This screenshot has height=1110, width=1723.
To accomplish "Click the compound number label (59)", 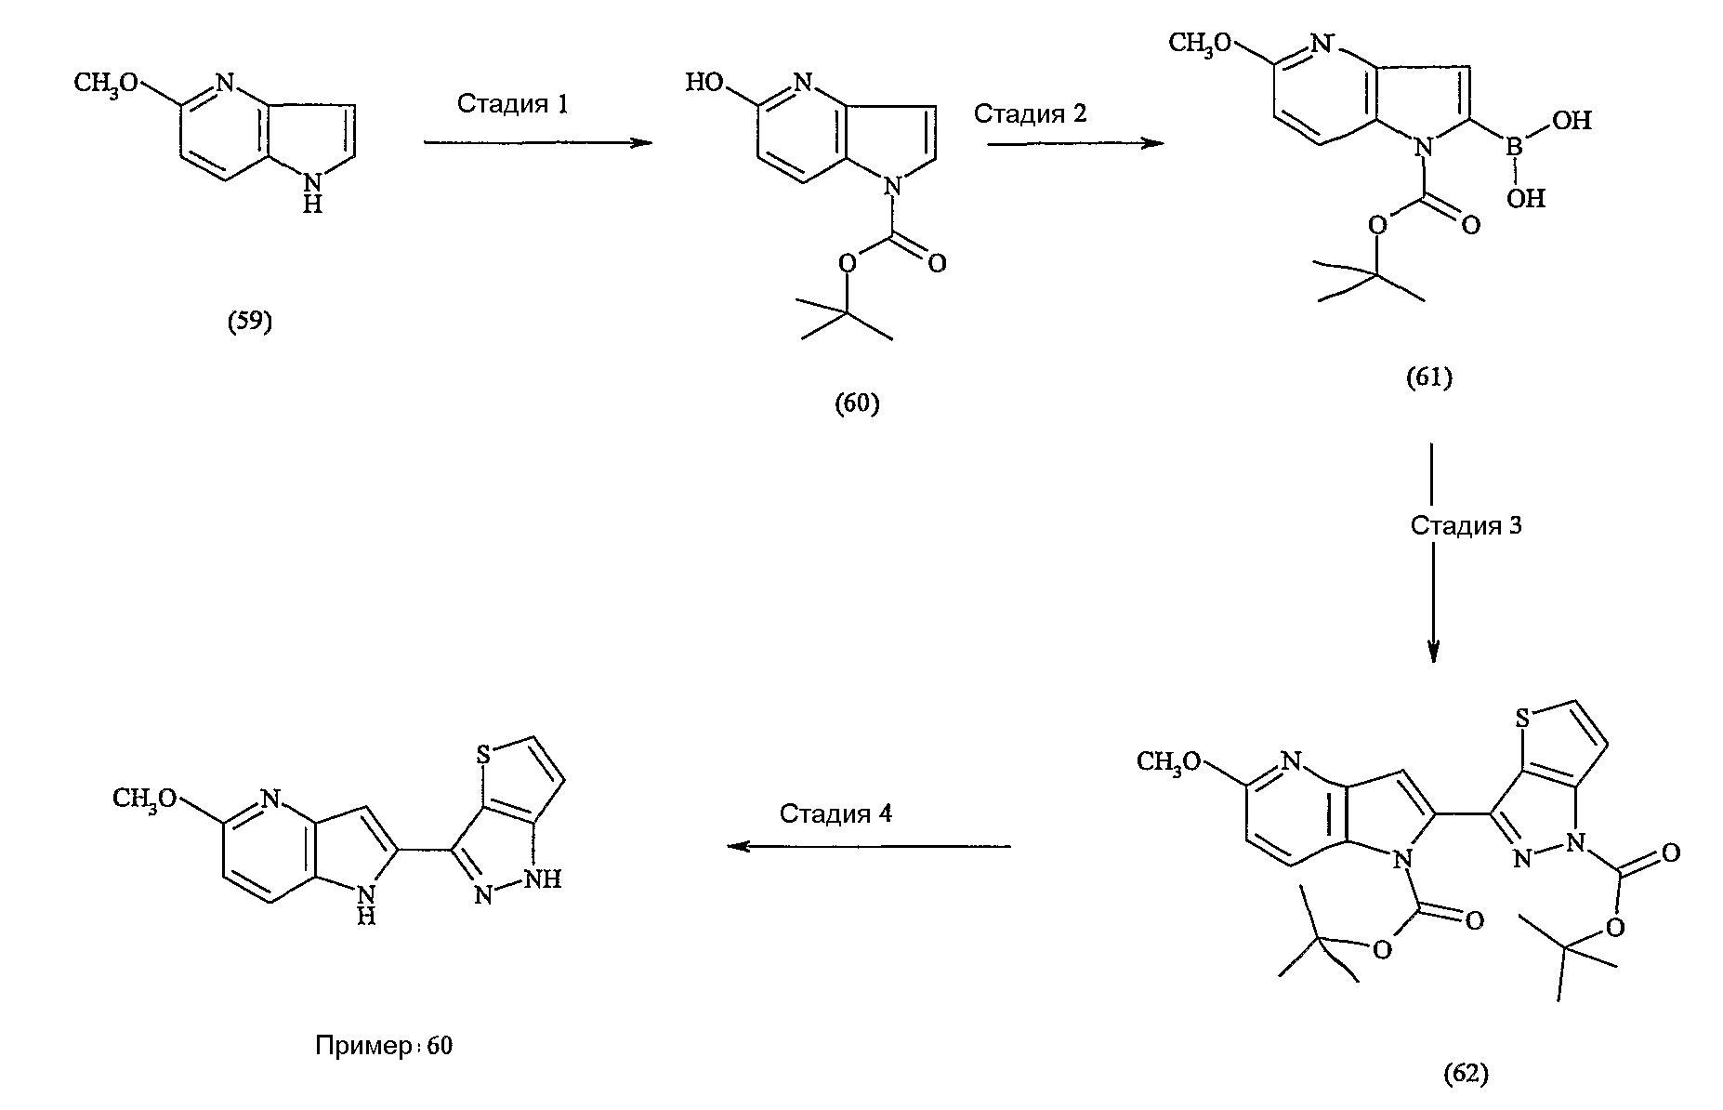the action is coord(250,322).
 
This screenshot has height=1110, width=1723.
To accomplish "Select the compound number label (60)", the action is coord(857,403).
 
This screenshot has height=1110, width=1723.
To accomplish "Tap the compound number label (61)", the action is coord(1428,377).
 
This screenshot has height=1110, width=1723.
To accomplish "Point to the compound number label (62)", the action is coord(1466,1074).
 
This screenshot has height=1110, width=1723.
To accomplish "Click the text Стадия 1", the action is coord(512,103).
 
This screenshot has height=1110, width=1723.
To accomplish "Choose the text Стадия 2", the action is coord(1030,113).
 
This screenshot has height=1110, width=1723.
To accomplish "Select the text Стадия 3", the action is coord(1467,525).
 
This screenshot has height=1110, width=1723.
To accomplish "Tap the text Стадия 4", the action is coord(835,813).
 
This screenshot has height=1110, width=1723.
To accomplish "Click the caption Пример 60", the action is coord(384,1046).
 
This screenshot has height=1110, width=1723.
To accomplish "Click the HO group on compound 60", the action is coord(704,84).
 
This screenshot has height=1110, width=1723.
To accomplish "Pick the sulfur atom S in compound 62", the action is coord(1522,719).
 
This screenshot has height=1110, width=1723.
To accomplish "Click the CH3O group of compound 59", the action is coord(106,84).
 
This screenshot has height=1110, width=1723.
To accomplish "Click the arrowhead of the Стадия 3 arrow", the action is coord(1432,652).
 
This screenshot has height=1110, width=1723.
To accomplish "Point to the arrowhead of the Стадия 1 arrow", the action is coord(640,143).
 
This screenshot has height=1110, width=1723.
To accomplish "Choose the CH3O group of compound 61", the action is coord(1202,43).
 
